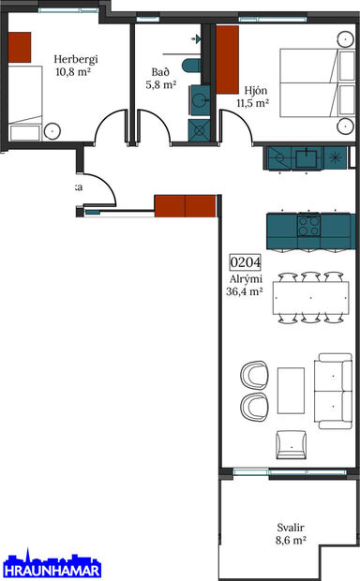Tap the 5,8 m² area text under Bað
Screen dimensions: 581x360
coord(160,85)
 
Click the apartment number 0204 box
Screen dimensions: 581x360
coord(246,264)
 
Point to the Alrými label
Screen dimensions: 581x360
coord(244,278)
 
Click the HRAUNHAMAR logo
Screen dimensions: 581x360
coord(51,566)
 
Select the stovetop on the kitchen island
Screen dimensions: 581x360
coord(309,226)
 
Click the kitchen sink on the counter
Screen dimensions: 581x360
coord(307,157)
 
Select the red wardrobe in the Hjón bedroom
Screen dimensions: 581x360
coord(229,60)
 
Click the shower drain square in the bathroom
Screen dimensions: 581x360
coord(199,130)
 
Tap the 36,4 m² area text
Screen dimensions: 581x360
coord(244,291)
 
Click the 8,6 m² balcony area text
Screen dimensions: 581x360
coord(292,541)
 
